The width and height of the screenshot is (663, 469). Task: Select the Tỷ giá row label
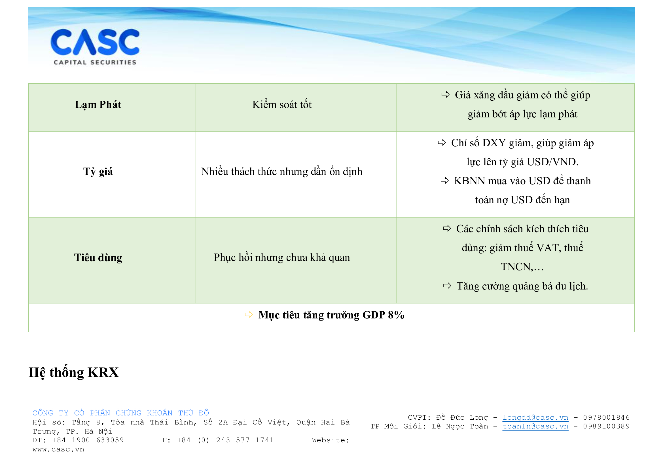[98, 172]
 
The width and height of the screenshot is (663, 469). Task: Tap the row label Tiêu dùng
[98, 257]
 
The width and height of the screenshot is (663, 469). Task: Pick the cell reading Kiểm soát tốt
[282, 105]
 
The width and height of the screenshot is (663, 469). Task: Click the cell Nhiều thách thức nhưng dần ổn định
[282, 172]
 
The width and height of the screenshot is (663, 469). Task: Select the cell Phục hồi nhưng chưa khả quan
[282, 257]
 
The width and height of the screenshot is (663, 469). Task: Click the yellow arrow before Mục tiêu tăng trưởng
[249, 314]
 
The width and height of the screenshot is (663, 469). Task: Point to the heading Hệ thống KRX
[74, 372]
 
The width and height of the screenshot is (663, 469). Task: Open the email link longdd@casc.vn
[535, 418]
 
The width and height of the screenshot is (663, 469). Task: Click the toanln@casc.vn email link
[535, 426]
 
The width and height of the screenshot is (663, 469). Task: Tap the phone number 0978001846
[606, 418]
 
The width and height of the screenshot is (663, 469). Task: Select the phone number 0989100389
[606, 426]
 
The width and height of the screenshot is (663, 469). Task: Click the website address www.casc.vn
[58, 450]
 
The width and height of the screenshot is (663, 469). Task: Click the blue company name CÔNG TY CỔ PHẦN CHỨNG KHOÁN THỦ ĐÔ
[121, 413]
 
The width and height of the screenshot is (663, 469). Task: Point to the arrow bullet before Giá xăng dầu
[446, 94]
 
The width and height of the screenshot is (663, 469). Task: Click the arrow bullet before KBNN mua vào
[445, 181]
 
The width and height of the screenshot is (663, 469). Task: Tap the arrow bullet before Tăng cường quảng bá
[447, 286]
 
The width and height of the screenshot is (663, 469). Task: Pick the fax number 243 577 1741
[245, 440]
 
